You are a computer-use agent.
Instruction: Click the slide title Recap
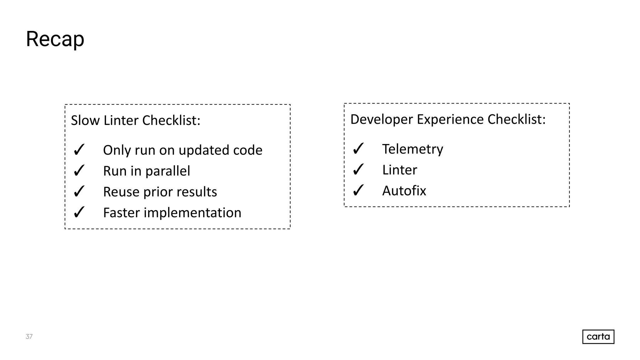pyautogui.click(x=55, y=39)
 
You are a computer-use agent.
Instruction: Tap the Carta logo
pyautogui.click(x=598, y=337)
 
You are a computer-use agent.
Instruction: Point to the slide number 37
pyautogui.click(x=29, y=337)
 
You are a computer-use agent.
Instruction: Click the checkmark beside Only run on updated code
pyautogui.click(x=79, y=150)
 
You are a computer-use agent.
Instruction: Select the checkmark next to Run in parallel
pyautogui.click(x=79, y=171)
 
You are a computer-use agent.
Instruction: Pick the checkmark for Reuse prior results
pyautogui.click(x=79, y=192)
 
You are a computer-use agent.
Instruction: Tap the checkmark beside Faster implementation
pyautogui.click(x=79, y=212)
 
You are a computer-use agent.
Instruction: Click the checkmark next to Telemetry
pyautogui.click(x=358, y=149)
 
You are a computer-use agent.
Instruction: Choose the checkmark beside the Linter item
pyautogui.click(x=358, y=170)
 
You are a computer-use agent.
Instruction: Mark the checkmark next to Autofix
pyautogui.click(x=358, y=191)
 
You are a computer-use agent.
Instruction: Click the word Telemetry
pyautogui.click(x=412, y=149)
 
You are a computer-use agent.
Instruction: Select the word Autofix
pyautogui.click(x=404, y=191)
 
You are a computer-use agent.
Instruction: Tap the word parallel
pyautogui.click(x=167, y=171)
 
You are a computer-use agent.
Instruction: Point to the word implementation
pyautogui.click(x=192, y=213)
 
